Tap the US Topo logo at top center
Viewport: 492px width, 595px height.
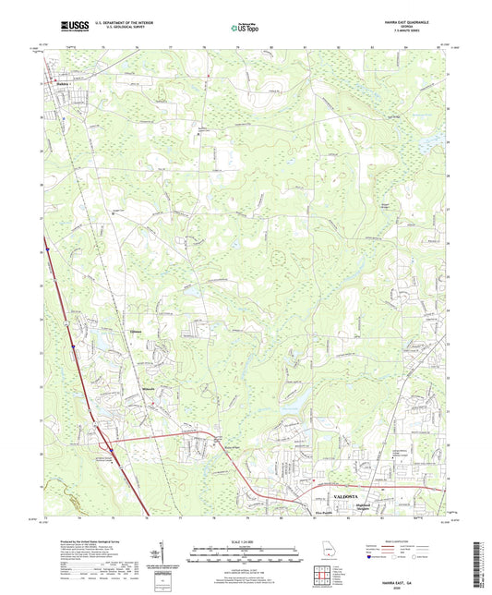click(x=245, y=29)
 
